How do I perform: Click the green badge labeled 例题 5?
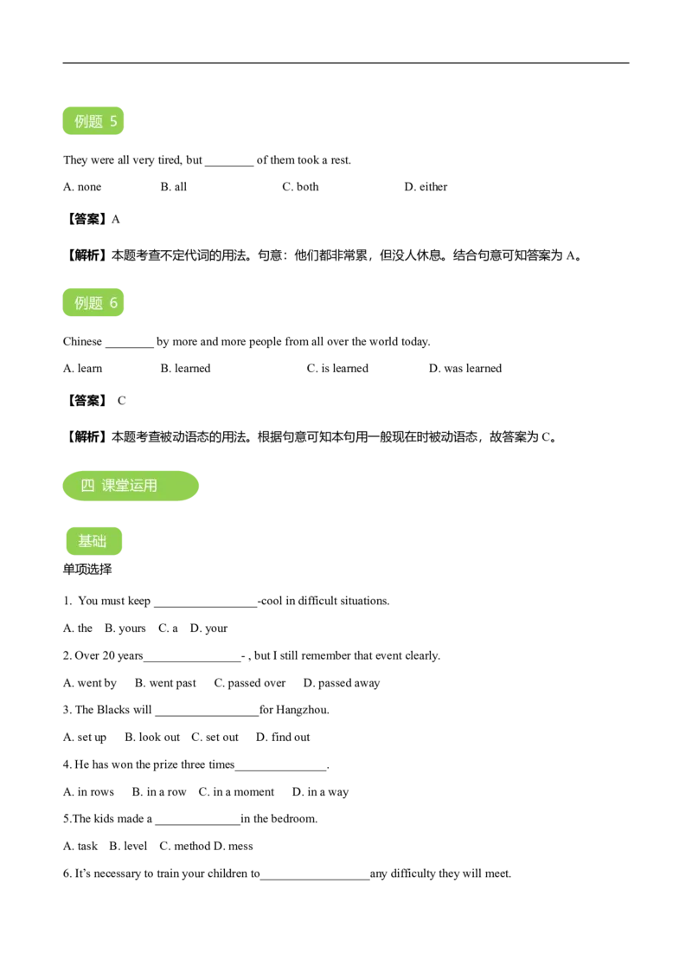coord(93,120)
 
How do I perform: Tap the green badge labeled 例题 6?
coord(93,302)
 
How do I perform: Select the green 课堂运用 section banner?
coord(131,486)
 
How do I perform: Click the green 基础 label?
coord(93,541)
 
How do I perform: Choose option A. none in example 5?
coord(82,187)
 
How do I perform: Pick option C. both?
coord(300,187)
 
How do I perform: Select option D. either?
coord(426,187)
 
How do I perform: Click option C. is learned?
coord(337,369)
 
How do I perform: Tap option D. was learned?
coord(465,369)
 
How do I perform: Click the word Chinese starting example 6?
coord(82,342)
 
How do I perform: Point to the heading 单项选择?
coord(87,570)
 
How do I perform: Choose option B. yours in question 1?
coord(125,629)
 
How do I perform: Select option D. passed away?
coord(342,683)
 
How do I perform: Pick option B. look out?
coord(152,738)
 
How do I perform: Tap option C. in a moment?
coord(236,792)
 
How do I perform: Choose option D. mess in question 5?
coord(234,847)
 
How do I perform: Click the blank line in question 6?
coord(315,879)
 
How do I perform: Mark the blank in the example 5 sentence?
coord(229,165)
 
